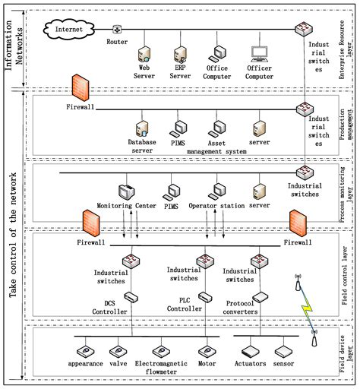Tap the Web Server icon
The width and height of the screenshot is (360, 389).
pos(142,54)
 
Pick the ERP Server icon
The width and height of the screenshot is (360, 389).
pos(180,54)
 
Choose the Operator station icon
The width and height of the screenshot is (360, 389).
pos(219,189)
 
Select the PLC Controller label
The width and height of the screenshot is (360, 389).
pos(202,284)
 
